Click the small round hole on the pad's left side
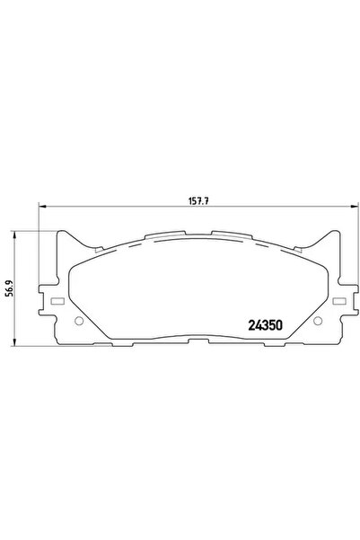[x=78, y=322]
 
